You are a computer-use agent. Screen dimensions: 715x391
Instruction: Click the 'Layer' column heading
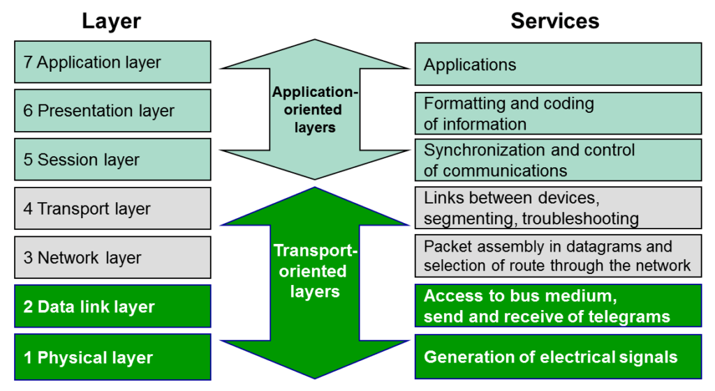111,21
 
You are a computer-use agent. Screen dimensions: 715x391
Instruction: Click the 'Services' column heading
554,21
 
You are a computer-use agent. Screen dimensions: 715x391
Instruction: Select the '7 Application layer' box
112,62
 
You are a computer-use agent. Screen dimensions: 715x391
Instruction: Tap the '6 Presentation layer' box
112,111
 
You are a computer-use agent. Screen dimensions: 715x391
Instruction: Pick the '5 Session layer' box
112,160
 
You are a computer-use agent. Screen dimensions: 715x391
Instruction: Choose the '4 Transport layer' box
112,208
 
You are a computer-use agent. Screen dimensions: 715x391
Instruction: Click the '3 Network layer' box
112,257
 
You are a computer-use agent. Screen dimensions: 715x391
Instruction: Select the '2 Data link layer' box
112,307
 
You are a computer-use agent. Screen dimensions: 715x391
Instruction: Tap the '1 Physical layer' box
112,357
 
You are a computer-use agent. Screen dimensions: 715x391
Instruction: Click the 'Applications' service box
558,64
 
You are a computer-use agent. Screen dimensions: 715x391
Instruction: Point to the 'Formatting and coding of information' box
558,114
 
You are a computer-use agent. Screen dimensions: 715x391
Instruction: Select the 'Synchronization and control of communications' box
558,160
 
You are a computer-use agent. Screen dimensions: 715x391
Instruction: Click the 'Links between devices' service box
558,208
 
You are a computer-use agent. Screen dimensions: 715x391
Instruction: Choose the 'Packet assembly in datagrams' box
558,256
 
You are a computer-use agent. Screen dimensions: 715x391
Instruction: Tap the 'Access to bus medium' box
558,306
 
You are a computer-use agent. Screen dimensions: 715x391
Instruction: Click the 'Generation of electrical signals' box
558,357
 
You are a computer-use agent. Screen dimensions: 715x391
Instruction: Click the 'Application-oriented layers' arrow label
315,109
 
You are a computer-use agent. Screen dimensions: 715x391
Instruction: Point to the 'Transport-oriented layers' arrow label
315,271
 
